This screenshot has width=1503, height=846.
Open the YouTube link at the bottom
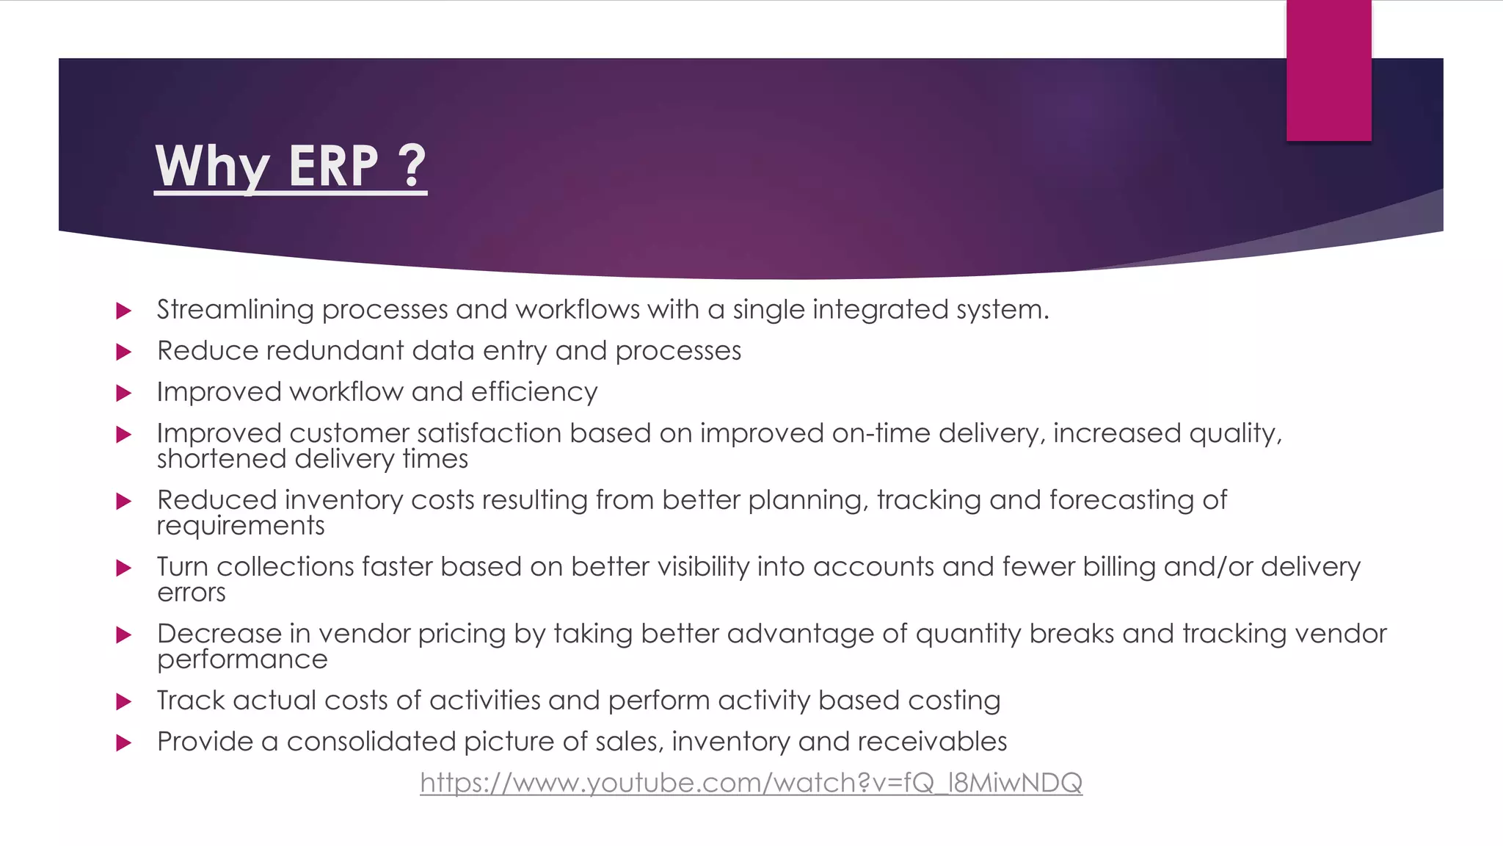751,783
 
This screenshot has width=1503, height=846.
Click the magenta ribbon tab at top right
1328,70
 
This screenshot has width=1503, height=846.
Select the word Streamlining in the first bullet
235,310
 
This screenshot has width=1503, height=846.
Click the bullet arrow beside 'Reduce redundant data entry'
124,352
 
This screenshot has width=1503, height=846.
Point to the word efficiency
534,392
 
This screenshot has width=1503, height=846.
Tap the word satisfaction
490,433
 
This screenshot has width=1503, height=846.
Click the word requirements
241,527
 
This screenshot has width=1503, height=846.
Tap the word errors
191,593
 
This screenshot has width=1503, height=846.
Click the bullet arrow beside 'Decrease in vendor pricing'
124,634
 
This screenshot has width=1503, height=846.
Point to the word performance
242,659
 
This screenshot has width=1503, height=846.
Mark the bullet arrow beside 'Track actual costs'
124,701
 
